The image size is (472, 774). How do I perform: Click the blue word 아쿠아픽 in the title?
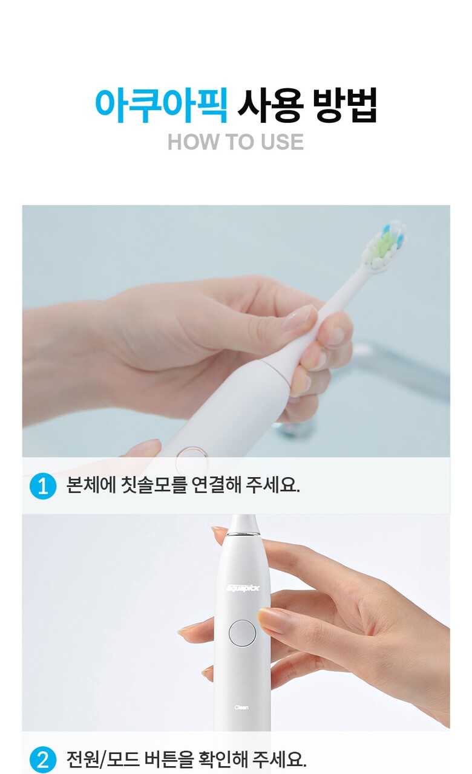[x=162, y=105]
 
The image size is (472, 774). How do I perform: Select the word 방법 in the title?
[x=344, y=105]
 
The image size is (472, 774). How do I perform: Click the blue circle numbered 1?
[x=43, y=487]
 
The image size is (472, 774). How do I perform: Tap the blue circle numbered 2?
[x=43, y=760]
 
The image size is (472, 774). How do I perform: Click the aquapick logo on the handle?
[x=243, y=588]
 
